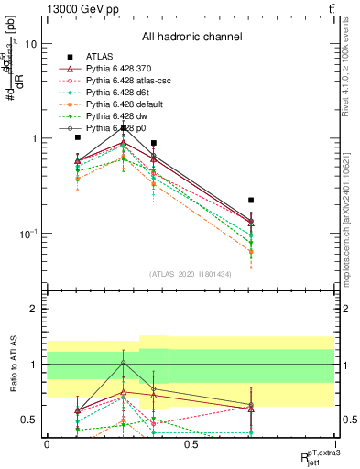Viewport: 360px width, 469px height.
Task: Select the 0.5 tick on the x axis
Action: pyautogui.click(x=191, y=444)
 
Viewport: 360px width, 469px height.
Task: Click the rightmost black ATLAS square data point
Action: pyautogui.click(x=251, y=200)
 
